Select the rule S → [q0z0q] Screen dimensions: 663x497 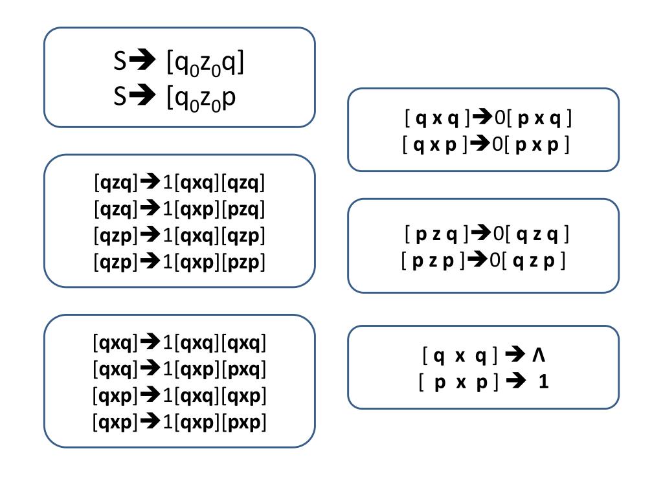point(179,62)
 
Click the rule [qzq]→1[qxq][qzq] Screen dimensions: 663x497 point(179,183)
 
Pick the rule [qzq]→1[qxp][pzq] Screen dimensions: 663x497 point(179,210)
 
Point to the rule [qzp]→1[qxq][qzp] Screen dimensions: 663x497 point(179,236)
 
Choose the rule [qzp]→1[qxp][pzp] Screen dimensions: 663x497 point(179,262)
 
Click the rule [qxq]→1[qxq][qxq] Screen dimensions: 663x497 point(179,342)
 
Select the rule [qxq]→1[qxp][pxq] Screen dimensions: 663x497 point(179,369)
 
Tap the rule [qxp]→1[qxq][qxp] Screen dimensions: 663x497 point(179,395)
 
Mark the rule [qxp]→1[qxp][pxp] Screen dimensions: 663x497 point(179,422)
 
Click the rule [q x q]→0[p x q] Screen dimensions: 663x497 point(488,118)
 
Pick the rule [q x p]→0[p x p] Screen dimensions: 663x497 point(486,144)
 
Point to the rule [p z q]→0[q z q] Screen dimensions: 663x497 point(486,234)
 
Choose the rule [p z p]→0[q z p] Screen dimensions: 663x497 point(484,261)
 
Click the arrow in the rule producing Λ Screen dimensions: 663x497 point(514,355)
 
